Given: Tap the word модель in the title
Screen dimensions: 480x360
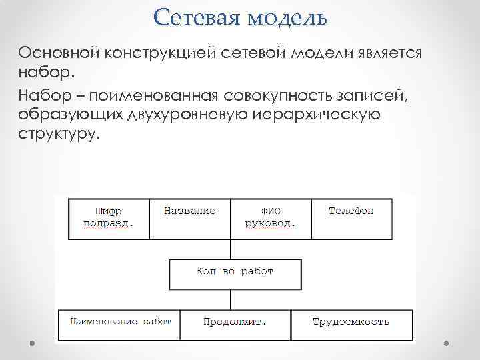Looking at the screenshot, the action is (x=288, y=17).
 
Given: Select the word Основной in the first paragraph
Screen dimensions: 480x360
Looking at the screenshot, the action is (x=58, y=52).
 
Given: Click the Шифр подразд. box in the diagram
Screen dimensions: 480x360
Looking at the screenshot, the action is (x=109, y=219).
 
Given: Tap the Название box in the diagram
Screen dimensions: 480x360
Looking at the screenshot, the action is (x=189, y=219).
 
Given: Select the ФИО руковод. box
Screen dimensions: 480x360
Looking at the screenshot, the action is (x=270, y=219).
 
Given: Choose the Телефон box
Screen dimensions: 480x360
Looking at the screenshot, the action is (x=351, y=219).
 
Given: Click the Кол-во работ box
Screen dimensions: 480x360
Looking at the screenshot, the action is (x=231, y=273).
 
